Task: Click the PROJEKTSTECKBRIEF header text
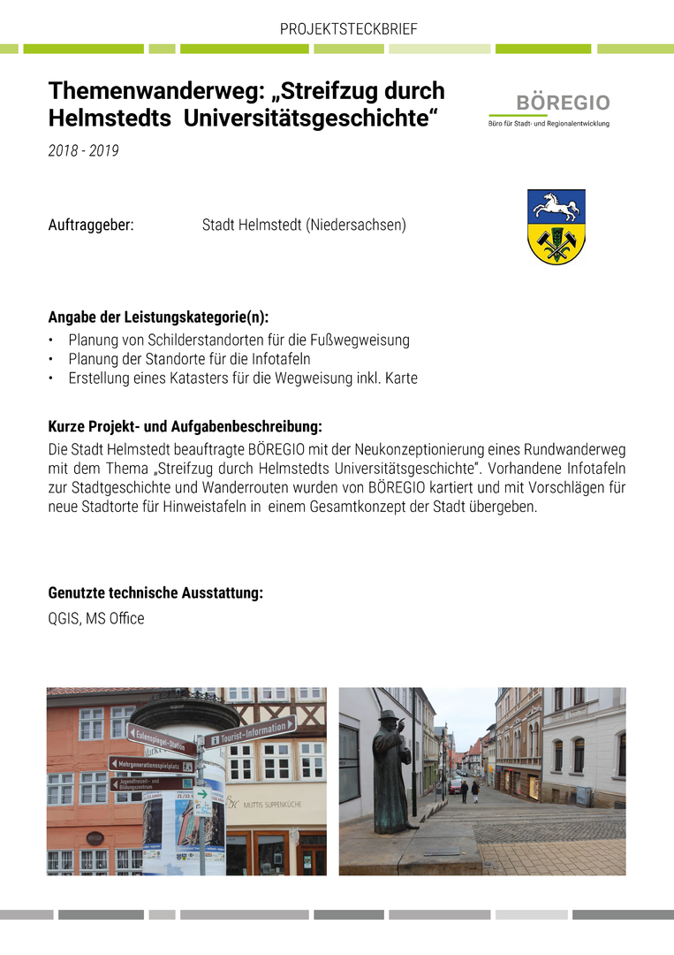coord(348,29)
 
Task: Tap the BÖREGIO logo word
coord(563,103)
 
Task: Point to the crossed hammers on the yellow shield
coord(557,243)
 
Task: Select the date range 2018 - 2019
coord(83,151)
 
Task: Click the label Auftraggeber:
coord(91,225)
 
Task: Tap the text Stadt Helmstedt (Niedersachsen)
coord(304,225)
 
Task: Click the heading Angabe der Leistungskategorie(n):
coord(158,317)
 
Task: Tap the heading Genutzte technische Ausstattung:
coord(155,592)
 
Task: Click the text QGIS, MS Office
coord(96,619)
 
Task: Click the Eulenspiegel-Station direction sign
coord(162,739)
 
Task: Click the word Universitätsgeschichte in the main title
coord(310,118)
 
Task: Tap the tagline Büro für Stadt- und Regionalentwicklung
coord(549,124)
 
